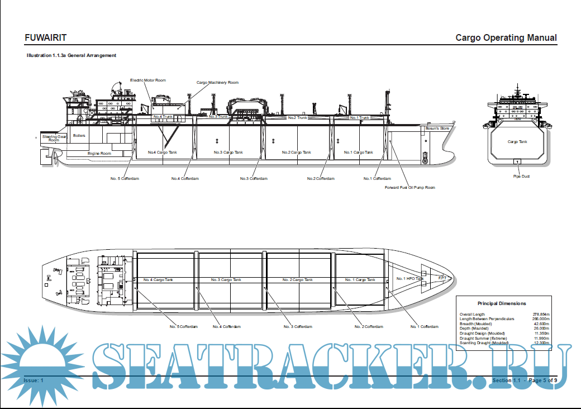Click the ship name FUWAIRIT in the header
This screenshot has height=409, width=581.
[46, 38]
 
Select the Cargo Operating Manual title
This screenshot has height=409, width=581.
[506, 38]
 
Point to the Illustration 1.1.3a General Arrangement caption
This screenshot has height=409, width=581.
[72, 56]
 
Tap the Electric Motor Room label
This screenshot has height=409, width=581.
[148, 80]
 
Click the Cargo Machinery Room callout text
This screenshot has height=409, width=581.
[217, 83]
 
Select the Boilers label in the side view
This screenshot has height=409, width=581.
[79, 136]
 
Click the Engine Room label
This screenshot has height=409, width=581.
[99, 153]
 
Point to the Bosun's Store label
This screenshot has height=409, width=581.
[437, 129]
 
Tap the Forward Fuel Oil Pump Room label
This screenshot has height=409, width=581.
[409, 188]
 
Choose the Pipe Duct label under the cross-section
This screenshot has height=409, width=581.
[521, 177]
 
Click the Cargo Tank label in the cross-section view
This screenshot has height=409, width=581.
[517, 142]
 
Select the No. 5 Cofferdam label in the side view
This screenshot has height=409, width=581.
[124, 179]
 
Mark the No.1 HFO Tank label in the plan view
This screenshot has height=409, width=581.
[410, 278]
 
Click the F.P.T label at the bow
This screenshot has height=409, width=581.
[442, 278]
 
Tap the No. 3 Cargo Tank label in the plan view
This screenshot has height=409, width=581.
[226, 279]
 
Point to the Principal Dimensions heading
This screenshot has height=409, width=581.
[501, 303]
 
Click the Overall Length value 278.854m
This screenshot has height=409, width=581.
[541, 315]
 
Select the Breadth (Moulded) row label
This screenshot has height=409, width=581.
[475, 324]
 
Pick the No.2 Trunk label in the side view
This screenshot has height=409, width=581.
[298, 118]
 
